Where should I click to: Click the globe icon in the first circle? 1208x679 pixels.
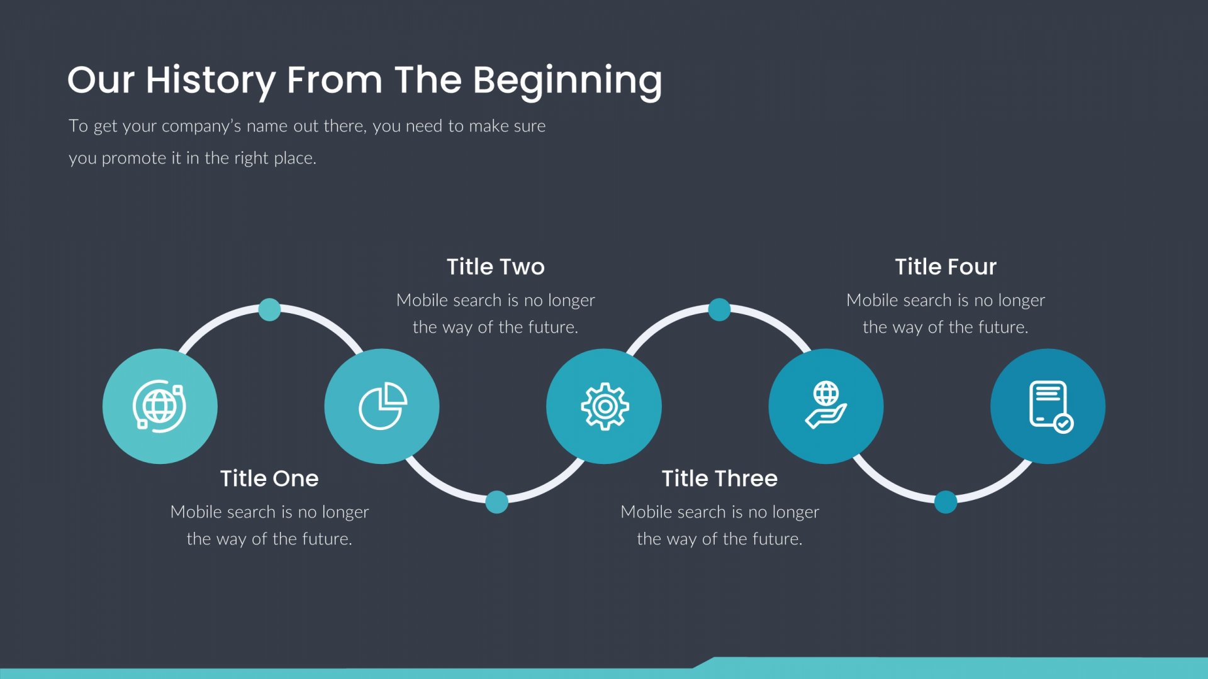point(159,406)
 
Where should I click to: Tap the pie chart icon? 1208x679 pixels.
point(383,406)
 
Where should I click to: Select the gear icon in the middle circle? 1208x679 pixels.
point(605,406)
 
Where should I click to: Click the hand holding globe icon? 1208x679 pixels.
point(826,405)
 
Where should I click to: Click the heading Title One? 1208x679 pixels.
point(269,478)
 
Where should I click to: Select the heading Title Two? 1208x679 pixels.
point(496,267)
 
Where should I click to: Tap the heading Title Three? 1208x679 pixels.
point(720,478)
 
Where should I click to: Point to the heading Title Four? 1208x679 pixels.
point(946,267)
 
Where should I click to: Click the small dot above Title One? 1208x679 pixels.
point(269,309)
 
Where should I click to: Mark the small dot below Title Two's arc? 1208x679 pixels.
point(496,502)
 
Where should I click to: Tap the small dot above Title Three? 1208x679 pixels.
point(719,309)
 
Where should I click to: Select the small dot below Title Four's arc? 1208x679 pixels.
point(945,502)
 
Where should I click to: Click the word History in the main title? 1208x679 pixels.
point(211,80)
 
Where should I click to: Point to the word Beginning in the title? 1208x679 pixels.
point(567,80)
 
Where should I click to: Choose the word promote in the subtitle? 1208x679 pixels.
point(133,158)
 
